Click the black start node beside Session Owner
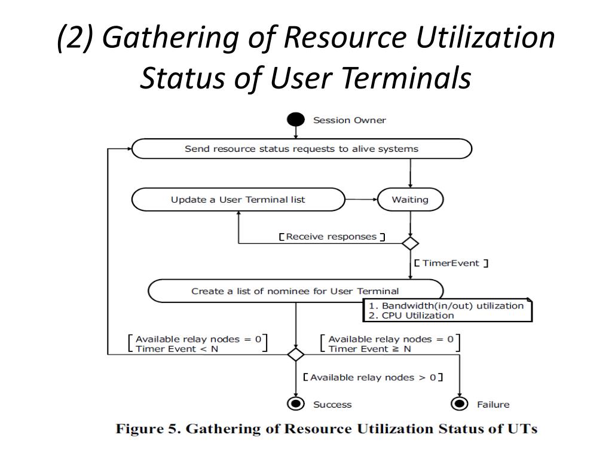click(296, 120)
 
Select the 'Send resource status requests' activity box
click(301, 149)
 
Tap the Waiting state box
click(410, 200)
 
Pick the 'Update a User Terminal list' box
click(238, 200)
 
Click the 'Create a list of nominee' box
click(295, 291)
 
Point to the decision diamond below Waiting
click(410, 243)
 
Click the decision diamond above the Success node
click(296, 354)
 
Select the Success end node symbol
click(296, 404)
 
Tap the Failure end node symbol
click(459, 404)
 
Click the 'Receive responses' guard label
click(332, 237)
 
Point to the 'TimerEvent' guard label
click(451, 263)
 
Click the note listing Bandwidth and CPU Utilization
click(447, 310)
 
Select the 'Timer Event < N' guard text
click(177, 349)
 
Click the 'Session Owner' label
click(350, 120)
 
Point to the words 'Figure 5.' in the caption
click(144, 429)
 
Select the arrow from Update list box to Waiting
click(361, 199)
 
